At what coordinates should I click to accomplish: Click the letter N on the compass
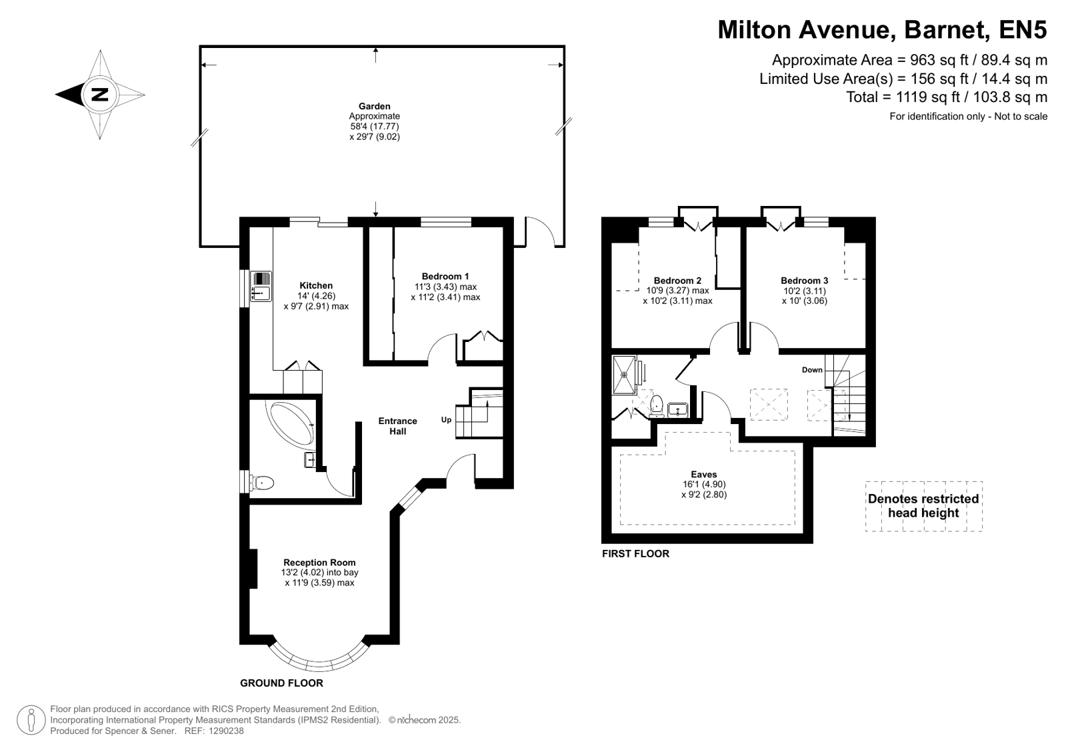pos(100,94)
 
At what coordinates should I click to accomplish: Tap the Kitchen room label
pos(316,285)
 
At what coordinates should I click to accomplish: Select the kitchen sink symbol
pos(261,287)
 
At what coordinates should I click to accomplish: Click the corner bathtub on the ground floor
pos(290,425)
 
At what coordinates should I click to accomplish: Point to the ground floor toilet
pos(262,483)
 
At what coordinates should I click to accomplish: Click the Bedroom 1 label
pos(445,276)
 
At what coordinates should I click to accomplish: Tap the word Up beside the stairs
pos(446,420)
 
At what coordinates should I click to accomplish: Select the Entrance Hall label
pos(398,426)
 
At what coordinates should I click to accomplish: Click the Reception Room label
pos(319,562)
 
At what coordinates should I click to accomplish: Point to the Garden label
pos(375,106)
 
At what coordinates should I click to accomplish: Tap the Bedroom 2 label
pos(677,281)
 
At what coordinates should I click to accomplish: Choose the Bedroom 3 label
pos(804,281)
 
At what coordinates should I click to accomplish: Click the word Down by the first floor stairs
pos(812,370)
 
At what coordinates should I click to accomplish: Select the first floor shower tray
pos(624,375)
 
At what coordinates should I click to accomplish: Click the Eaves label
pos(704,474)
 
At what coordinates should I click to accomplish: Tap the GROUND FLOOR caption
pos(281,683)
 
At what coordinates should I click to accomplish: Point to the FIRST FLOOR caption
pos(635,553)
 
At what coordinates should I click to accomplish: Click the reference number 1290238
pos(226,731)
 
